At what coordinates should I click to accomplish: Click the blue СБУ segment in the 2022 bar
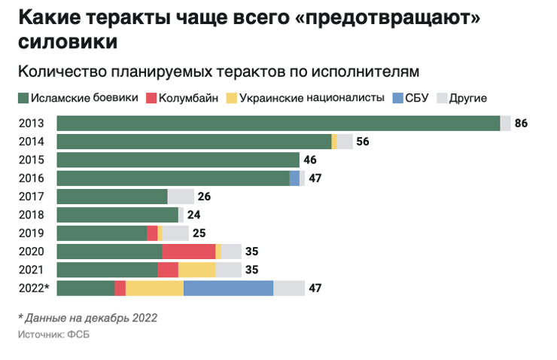click(228, 288)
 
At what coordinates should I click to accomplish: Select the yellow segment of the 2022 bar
click(154, 288)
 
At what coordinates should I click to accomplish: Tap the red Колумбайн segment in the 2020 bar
click(188, 252)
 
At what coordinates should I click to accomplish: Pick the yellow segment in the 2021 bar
click(196, 270)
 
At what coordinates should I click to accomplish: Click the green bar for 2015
click(178, 160)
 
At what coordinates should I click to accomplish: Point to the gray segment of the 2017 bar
click(181, 197)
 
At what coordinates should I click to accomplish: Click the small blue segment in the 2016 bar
click(294, 178)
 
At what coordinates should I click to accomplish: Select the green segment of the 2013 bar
click(278, 124)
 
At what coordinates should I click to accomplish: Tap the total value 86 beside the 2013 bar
click(521, 124)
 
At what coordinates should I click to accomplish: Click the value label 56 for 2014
click(363, 142)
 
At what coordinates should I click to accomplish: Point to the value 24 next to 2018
click(193, 215)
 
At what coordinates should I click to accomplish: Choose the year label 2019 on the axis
click(32, 233)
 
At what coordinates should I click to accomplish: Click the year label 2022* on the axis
click(34, 288)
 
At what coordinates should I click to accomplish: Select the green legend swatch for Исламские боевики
click(23, 98)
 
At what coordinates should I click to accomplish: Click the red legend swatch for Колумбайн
click(151, 98)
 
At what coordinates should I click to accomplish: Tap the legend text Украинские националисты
click(311, 98)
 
